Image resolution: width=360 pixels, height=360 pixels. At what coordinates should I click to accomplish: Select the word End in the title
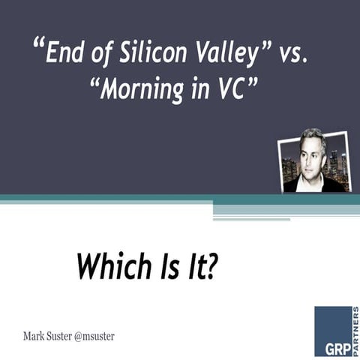[63, 54]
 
